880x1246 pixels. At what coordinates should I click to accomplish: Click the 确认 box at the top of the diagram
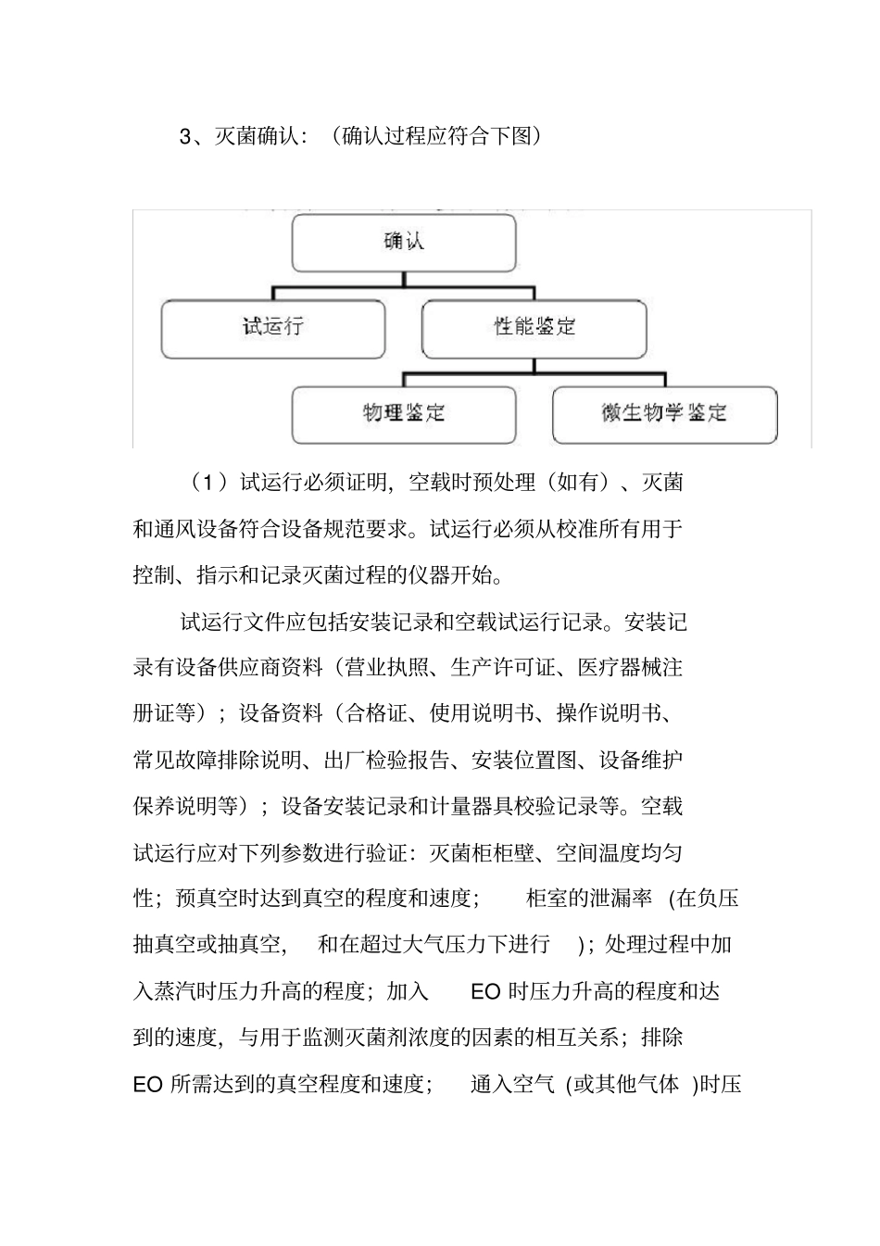tap(404, 243)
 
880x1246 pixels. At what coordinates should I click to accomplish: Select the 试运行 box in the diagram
tap(272, 327)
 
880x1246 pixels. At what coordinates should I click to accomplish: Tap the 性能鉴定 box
tap(534, 327)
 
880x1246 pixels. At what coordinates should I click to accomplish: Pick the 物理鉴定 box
tap(403, 413)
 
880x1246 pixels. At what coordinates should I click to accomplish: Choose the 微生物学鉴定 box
tap(664, 413)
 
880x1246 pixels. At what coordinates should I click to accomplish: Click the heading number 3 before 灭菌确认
tap(185, 137)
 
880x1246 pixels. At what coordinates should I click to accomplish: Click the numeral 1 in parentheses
tap(210, 483)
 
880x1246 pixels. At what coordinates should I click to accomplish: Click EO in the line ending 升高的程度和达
tap(485, 991)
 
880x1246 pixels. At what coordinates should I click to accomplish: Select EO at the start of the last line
tap(148, 1084)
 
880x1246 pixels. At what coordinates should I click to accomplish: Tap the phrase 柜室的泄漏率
tap(589, 899)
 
